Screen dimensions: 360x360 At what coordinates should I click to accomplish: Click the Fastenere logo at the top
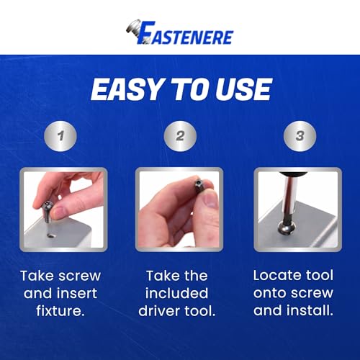tap(180, 32)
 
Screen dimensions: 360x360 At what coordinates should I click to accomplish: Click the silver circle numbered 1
tap(61, 136)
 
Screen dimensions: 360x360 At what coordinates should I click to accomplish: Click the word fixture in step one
tap(60, 312)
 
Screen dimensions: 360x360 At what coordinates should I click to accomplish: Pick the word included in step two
tap(178, 294)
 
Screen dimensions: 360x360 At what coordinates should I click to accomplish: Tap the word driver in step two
tap(160, 312)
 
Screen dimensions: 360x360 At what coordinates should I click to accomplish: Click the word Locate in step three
tap(277, 276)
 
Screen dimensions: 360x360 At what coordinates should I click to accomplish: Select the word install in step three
tap(314, 312)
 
